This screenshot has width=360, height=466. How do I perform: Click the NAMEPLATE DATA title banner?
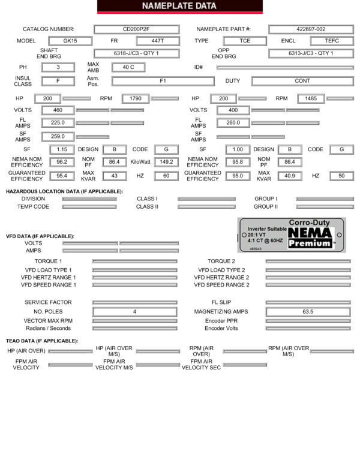[180, 7]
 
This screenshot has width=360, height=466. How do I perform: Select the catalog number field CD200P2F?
[136, 29]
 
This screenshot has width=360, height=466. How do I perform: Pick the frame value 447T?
[157, 41]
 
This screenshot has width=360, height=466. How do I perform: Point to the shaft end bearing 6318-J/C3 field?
[136, 53]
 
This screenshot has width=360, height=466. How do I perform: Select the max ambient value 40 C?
[128, 67]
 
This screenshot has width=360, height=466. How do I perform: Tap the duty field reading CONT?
[302, 80]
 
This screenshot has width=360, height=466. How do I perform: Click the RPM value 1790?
[135, 98]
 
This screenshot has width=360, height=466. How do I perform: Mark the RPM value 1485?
[311, 98]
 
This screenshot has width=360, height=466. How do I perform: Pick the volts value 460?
[58, 110]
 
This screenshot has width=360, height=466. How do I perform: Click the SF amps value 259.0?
[58, 136]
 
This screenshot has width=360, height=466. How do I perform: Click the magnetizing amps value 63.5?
[308, 312]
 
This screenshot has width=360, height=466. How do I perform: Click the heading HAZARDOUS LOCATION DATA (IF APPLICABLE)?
[64, 191]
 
